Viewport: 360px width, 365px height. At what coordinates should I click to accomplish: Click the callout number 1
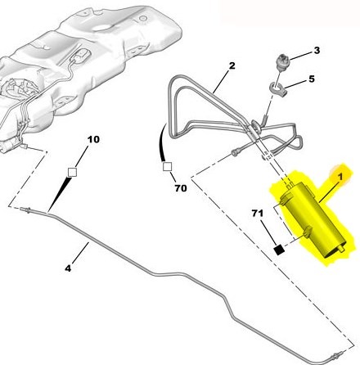(340, 177)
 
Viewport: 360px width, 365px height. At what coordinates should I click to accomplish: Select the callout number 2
(232, 65)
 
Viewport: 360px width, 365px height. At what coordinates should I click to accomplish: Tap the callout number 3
(317, 51)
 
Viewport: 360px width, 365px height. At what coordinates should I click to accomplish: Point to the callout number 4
(68, 268)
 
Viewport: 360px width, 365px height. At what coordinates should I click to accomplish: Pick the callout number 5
(312, 79)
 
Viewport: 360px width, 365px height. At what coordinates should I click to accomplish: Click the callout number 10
(93, 139)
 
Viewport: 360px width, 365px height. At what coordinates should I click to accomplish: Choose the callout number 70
(181, 188)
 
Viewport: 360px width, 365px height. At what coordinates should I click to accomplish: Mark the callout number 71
(257, 213)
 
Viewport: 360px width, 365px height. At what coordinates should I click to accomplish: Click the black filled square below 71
(279, 250)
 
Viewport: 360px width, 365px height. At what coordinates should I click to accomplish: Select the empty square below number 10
(72, 173)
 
